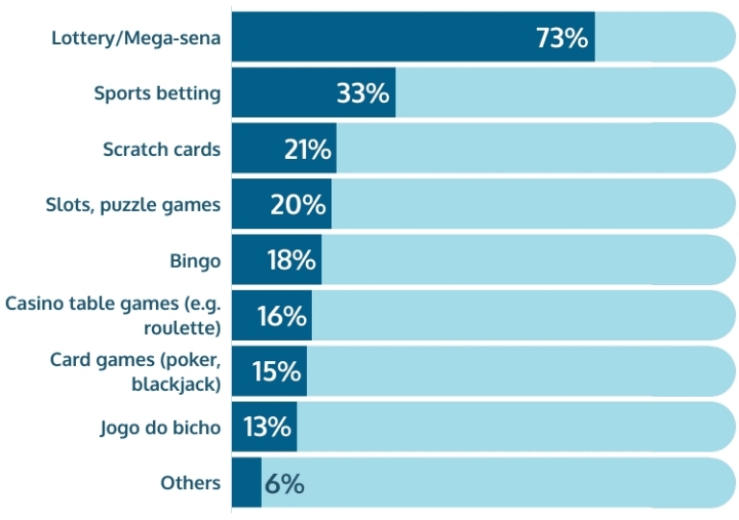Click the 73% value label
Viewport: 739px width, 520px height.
point(561,39)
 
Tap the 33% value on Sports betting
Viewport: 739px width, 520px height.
point(363,93)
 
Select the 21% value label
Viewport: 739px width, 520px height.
point(308,149)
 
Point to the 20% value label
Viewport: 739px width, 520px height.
point(298,205)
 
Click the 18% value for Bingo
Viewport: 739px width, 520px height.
point(291,260)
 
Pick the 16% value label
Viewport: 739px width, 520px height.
point(282,316)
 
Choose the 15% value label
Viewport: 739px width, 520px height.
point(277,372)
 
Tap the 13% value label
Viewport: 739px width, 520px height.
point(268,427)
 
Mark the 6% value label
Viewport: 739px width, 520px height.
point(284,483)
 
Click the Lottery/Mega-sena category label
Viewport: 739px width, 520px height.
point(136,39)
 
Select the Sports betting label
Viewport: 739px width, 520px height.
point(157,93)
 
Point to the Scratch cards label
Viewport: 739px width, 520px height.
point(162,149)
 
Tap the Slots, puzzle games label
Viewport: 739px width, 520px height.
point(133,205)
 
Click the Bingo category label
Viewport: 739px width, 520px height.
point(194,260)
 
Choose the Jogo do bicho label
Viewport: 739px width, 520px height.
point(160,428)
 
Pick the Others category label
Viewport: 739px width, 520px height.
point(191,483)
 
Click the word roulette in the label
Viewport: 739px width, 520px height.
point(191,327)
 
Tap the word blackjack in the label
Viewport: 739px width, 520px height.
point(176,383)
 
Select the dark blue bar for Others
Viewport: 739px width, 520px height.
point(246,483)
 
